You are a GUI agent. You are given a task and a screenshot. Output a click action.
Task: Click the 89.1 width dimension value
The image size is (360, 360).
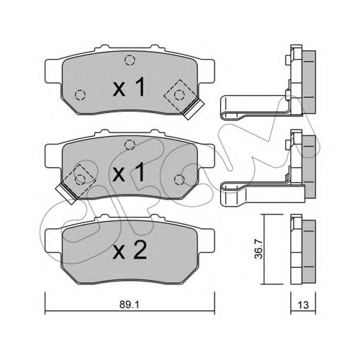click(130, 305)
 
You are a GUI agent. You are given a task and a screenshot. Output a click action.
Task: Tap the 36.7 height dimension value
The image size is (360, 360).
click(258, 249)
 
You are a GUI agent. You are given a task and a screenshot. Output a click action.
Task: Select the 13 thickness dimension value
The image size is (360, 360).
click(303, 305)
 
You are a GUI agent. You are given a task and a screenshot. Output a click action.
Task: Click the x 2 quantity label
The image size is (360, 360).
click(130, 251)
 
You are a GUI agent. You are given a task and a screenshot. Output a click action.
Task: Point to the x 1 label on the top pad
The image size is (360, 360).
click(129, 87)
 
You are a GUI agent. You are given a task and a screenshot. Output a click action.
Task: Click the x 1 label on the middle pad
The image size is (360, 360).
click(129, 171)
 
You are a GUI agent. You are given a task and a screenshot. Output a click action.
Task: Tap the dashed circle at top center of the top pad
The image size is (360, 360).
click(130, 60)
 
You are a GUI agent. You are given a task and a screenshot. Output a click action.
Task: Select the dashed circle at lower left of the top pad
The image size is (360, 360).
click(80, 95)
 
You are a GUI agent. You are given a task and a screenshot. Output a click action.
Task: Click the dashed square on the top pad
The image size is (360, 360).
click(180, 96)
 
